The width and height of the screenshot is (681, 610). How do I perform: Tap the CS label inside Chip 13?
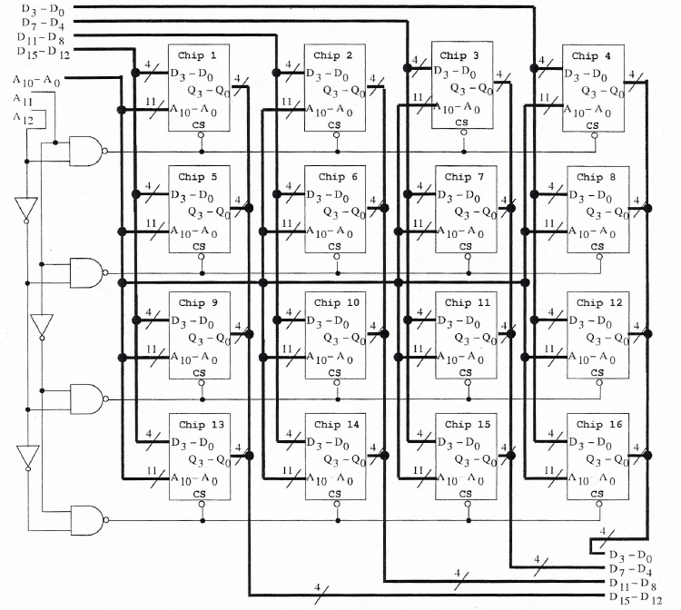point(201,494)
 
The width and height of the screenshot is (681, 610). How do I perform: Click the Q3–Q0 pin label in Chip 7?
point(475,212)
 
